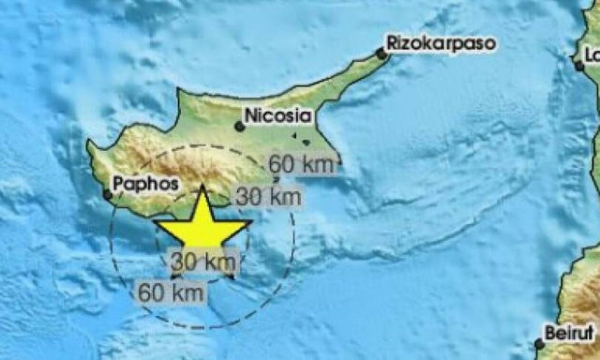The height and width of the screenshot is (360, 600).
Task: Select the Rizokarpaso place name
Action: [x=441, y=43]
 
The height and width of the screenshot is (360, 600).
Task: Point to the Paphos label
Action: [x=144, y=184]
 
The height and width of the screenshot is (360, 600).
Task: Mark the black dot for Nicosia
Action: [x=240, y=125]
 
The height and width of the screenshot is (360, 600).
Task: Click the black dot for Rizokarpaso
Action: [x=382, y=54]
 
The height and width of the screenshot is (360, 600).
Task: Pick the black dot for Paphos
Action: [x=108, y=195]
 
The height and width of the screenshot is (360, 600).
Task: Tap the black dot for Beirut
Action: [x=539, y=344]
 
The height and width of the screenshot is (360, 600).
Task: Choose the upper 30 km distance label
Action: [x=268, y=197]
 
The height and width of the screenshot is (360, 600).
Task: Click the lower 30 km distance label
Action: [x=203, y=261]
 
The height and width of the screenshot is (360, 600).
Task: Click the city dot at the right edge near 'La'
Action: [x=580, y=65]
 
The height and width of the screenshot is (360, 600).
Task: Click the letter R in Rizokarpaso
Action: [x=394, y=43]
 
